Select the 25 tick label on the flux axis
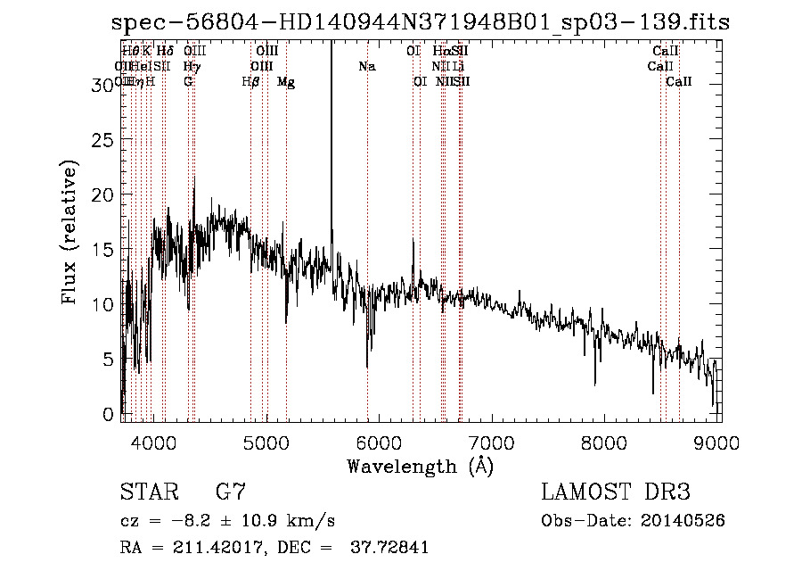(105, 140)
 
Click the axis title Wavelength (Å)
(420, 466)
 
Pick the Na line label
(367, 66)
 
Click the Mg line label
(286, 81)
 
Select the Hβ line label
(250, 81)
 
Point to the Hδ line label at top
(165, 51)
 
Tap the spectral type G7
(230, 492)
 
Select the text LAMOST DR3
(615, 492)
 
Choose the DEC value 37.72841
(390, 548)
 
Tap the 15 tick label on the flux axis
(105, 250)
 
